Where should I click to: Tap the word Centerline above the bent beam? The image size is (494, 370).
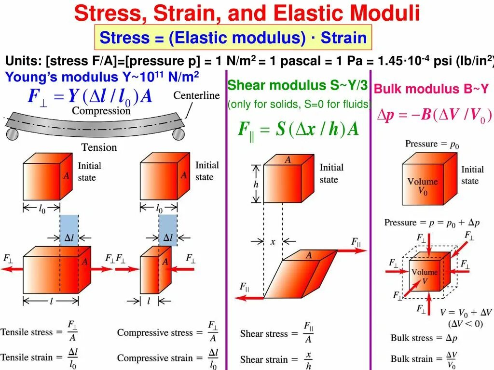pyautogui.click(x=196, y=95)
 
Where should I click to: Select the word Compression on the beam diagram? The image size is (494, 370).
pyautogui.click(x=101, y=111)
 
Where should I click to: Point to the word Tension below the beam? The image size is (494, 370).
pyautogui.click(x=99, y=147)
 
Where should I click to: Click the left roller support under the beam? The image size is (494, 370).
pyautogui.click(x=11, y=132)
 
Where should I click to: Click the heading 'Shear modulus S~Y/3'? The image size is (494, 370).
pyautogui.click(x=297, y=86)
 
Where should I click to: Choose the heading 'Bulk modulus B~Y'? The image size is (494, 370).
pyautogui.click(x=431, y=89)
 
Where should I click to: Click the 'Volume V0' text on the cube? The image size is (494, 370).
pyautogui.click(x=422, y=186)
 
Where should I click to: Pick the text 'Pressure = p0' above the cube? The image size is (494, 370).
pyautogui.click(x=428, y=144)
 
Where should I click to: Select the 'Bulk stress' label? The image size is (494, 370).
pyautogui.click(x=412, y=338)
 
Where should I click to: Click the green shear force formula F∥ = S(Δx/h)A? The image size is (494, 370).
pyautogui.click(x=299, y=130)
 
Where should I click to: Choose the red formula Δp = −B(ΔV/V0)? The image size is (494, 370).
pyautogui.click(x=434, y=116)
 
